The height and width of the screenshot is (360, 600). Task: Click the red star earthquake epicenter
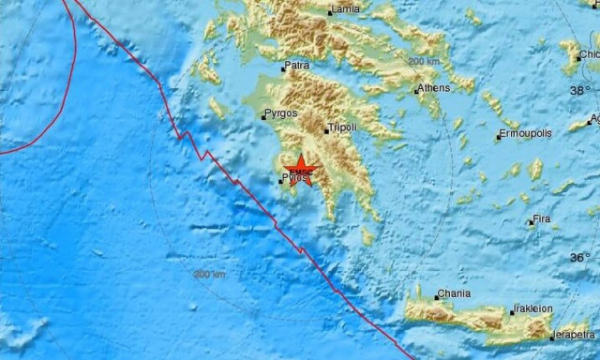301,170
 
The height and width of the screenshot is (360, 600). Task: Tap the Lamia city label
347,10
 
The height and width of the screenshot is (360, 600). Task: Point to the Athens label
434,89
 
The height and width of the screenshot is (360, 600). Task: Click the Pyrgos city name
281,114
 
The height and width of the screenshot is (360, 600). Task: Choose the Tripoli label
341,129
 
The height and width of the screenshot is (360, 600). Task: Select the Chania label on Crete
454,294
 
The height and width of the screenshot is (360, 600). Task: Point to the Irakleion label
534,310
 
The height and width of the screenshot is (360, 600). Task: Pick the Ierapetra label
573,334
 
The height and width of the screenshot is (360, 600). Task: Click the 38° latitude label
580,90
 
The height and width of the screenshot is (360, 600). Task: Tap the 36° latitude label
580,257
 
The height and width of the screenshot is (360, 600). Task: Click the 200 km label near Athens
424,61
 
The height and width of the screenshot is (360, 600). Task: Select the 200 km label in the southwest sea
210,275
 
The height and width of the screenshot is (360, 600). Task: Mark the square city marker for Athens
416,91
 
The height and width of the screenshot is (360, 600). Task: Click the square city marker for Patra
283,68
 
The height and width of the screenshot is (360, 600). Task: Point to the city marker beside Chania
436,295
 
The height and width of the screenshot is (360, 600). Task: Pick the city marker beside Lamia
330,12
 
